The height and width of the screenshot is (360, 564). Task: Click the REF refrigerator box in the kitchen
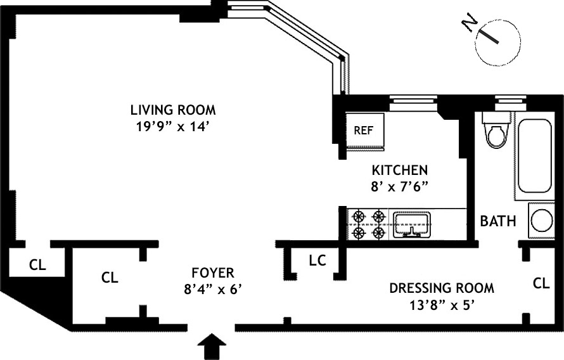click(363, 131)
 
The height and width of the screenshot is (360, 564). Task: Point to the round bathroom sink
click(542, 221)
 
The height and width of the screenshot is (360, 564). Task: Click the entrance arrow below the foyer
click(212, 347)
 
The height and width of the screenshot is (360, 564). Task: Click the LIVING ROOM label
click(173, 110)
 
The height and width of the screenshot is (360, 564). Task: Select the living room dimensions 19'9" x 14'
click(173, 126)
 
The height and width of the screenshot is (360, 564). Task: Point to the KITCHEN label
click(400, 170)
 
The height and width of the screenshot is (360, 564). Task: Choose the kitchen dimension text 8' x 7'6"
click(400, 188)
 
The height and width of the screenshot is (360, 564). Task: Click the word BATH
click(497, 222)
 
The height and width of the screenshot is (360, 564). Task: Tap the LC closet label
click(317, 260)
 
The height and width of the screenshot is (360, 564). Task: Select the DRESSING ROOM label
click(441, 288)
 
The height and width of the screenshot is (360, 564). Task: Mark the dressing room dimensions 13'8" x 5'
click(442, 304)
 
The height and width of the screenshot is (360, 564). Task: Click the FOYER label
click(212, 273)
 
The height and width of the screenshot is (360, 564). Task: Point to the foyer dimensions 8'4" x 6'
click(212, 290)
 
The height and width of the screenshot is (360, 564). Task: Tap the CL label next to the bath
click(541, 283)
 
